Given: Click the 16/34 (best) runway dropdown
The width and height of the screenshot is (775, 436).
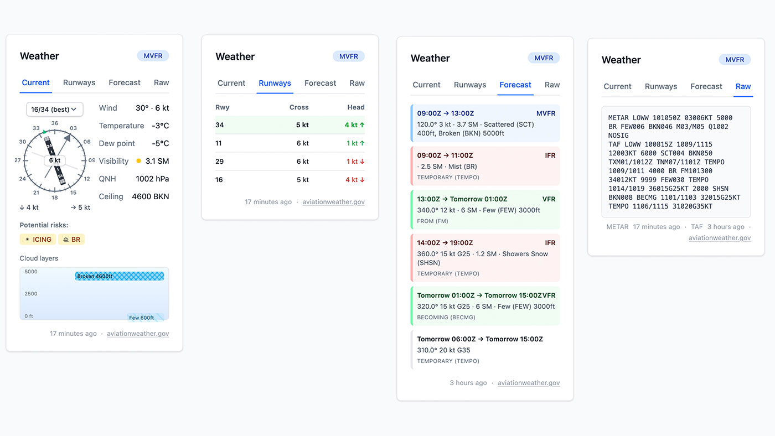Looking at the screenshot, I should (x=55, y=109).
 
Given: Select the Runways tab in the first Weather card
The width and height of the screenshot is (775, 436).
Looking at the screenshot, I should (x=79, y=82).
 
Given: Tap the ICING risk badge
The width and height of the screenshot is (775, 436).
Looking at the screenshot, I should (x=38, y=240).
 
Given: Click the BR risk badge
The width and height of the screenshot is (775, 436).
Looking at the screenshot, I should (x=71, y=240).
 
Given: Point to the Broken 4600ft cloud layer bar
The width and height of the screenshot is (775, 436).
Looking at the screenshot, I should (x=120, y=276).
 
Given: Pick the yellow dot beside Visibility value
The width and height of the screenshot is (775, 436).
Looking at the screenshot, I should (x=138, y=161).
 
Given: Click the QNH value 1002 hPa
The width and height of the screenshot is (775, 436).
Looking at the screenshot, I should (x=152, y=179).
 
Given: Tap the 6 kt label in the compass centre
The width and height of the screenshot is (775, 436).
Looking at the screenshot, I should (x=55, y=160).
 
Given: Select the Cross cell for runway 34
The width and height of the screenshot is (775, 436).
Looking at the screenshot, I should (x=302, y=125).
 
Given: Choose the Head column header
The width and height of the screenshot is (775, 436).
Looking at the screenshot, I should (x=355, y=107).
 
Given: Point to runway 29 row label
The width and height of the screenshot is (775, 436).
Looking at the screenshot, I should (x=219, y=162).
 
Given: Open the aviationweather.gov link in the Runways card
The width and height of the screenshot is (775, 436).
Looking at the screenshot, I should (x=333, y=202).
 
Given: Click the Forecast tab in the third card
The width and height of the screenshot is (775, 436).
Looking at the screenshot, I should (x=515, y=85).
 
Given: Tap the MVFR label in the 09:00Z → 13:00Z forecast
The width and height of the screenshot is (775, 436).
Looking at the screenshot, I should (x=546, y=113).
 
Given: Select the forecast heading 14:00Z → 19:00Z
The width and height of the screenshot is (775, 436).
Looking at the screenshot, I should (x=445, y=243).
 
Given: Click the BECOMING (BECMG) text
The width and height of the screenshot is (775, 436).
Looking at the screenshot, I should (x=446, y=318).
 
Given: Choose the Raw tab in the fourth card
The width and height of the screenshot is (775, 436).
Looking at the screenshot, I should (x=743, y=86).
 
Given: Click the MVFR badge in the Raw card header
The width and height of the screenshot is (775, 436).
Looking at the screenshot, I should (x=735, y=60).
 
